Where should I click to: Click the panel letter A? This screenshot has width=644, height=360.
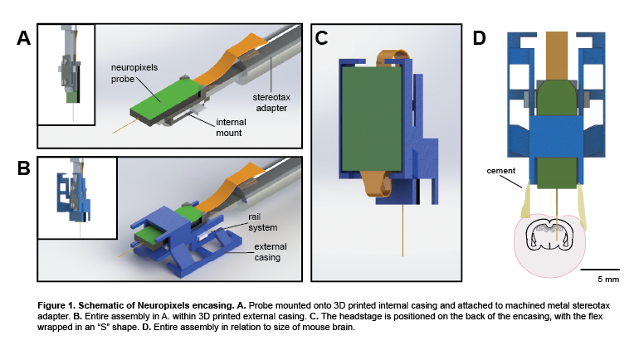tap(25, 39)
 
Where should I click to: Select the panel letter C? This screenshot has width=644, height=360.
tap(322, 37)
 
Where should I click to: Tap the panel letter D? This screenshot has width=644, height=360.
tap(480, 37)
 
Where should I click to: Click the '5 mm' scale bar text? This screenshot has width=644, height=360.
tap(593, 282)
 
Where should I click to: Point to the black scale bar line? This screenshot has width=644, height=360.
tap(593, 270)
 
